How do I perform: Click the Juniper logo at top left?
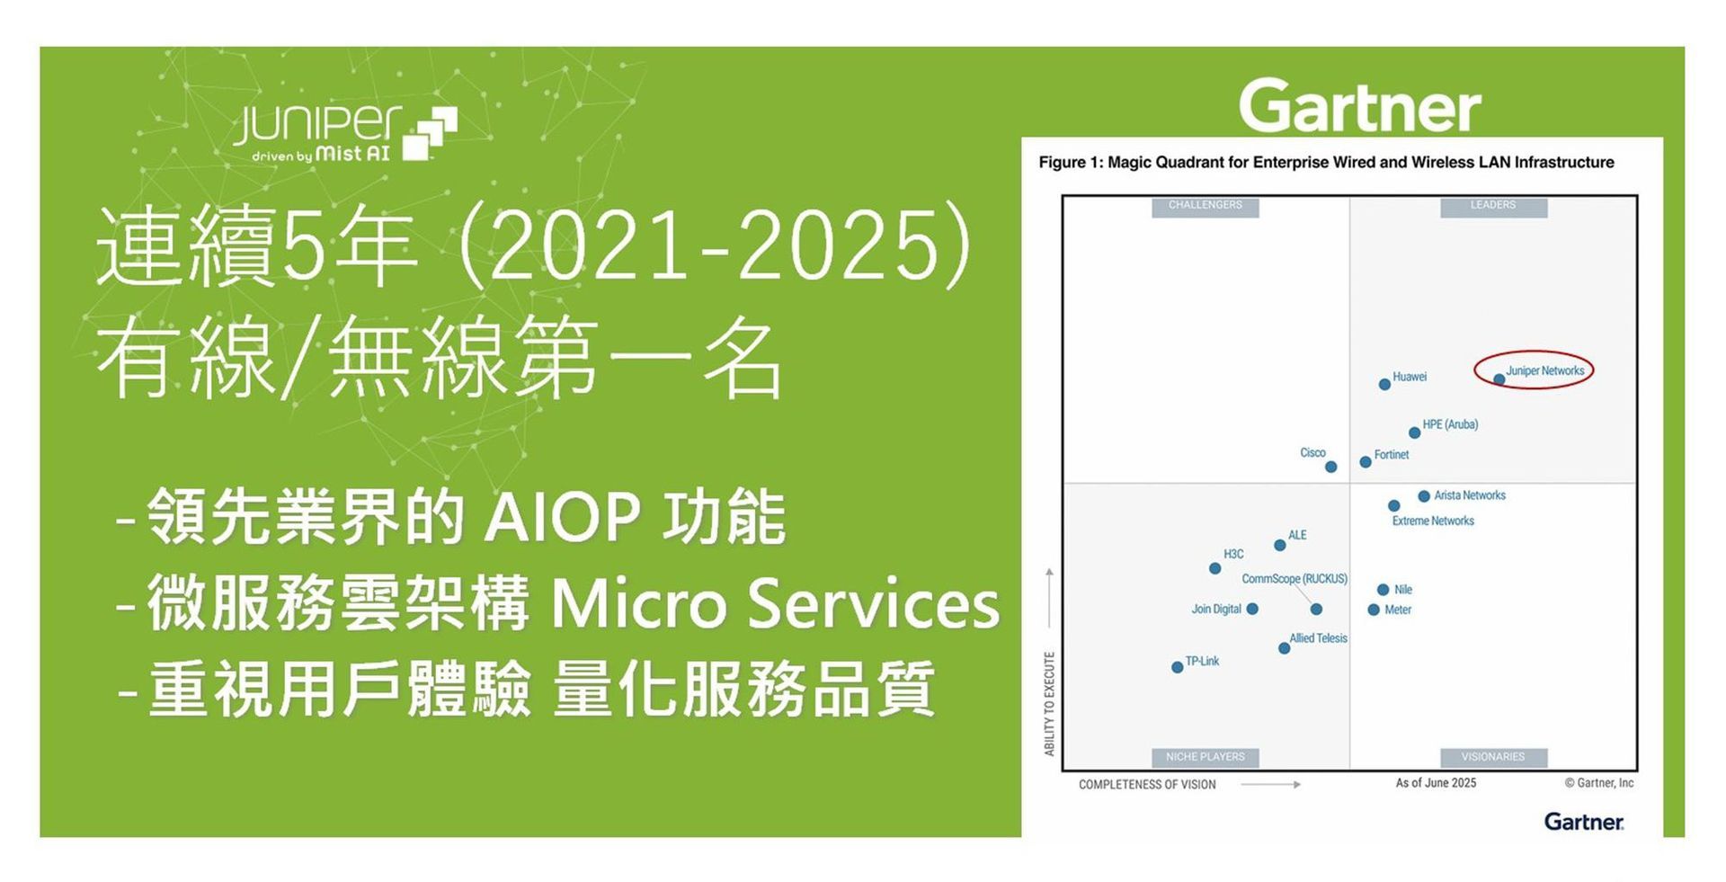[345, 133]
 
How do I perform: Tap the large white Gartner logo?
[1359, 106]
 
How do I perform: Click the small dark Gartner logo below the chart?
[1584, 822]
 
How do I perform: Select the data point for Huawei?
[1384, 385]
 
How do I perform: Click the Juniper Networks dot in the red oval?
[1499, 379]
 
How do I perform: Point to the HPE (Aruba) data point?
[1414, 432]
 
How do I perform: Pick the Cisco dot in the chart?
[1330, 467]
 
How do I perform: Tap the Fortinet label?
[1391, 455]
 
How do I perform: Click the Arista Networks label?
[1469, 495]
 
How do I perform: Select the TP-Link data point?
[1177, 667]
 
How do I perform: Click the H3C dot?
[1214, 568]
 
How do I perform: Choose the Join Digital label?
[1216, 609]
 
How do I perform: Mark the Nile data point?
[1383, 590]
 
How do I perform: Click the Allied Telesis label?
[1318, 638]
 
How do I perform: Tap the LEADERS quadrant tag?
[1493, 206]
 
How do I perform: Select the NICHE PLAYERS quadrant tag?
[1205, 757]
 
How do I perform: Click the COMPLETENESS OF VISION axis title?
[1147, 785]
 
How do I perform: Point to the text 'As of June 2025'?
[1436, 783]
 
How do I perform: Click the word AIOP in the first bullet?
[562, 517]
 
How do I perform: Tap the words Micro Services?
[775, 602]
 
